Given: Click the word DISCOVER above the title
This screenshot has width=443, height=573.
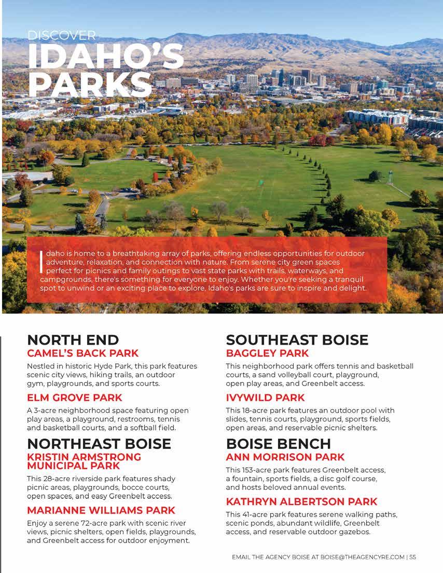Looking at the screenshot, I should (62, 35).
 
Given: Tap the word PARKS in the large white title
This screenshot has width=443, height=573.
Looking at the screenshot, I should (90, 83).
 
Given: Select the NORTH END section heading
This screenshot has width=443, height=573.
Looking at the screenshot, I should (73, 340).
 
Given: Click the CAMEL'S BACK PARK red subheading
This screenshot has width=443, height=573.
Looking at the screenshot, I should (83, 353).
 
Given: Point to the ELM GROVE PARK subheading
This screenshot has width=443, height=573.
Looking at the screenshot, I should (75, 398).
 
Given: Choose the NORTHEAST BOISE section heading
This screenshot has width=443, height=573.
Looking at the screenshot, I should (99, 444).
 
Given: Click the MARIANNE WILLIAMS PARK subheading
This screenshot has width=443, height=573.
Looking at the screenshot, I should (101, 510).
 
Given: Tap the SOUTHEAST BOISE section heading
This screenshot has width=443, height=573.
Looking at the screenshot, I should (297, 340).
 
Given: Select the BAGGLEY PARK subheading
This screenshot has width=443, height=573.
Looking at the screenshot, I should (267, 353).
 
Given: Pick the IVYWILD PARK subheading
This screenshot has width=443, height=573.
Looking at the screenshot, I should (266, 398).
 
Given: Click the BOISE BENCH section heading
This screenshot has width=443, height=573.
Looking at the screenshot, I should (278, 444).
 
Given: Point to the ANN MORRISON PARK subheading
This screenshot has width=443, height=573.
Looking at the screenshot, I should (285, 457).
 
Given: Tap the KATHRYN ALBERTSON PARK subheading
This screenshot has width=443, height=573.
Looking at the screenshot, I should (301, 502).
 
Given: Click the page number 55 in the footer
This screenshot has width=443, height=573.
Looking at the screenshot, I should (412, 557).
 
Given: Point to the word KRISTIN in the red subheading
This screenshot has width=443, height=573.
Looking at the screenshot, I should (49, 457).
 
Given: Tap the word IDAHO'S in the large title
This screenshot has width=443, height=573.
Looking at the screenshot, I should (106, 56).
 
